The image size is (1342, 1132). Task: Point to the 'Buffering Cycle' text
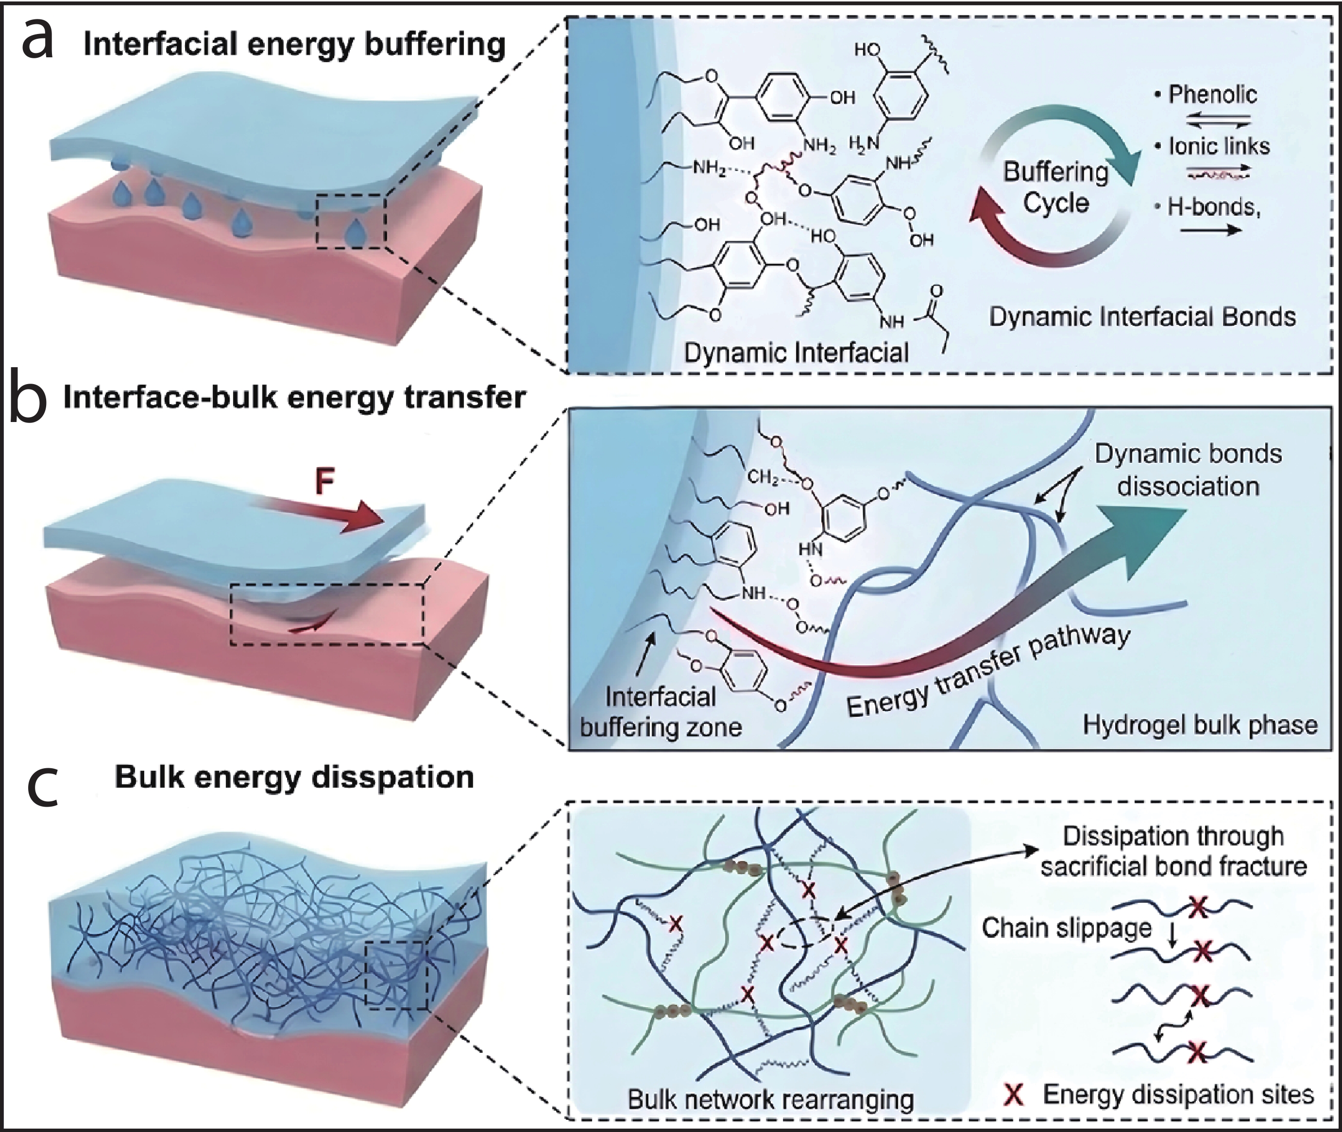[x=1056, y=187]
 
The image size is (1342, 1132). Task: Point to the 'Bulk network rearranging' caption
[x=771, y=1099]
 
